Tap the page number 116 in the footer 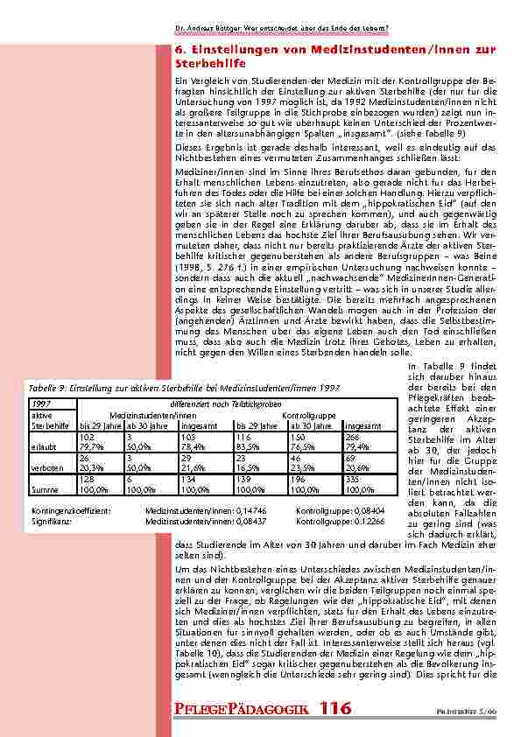point(340,707)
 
